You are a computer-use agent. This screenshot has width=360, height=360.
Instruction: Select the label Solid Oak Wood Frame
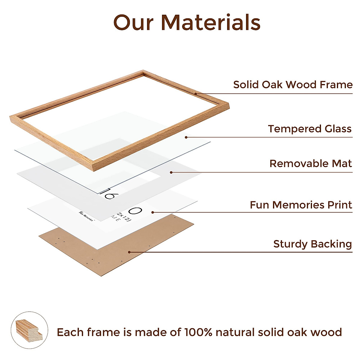[x=293, y=85]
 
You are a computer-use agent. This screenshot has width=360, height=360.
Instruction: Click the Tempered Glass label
[x=310, y=129]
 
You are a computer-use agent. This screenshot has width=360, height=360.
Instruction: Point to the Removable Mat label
[x=310, y=163]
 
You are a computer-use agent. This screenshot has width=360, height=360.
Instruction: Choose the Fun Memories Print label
[x=301, y=205]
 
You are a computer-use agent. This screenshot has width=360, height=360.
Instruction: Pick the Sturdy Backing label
[x=312, y=244]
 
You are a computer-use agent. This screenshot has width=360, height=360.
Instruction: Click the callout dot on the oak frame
[x=195, y=94]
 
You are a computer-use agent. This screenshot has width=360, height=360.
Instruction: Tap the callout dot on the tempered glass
[x=186, y=137]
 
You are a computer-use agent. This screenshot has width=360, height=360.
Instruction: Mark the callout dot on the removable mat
[x=171, y=172]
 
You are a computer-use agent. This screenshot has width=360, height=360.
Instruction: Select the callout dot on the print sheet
[x=153, y=212]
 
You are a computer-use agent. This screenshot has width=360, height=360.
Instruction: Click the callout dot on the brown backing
[x=129, y=252]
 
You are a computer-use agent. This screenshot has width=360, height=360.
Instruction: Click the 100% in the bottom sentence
[x=198, y=332]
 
